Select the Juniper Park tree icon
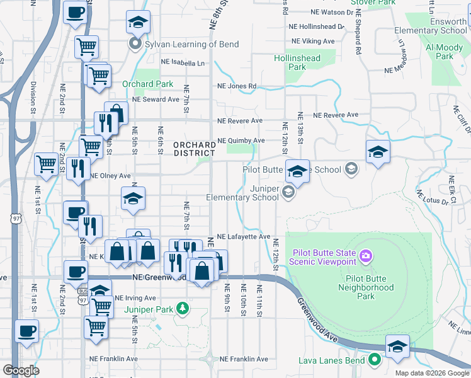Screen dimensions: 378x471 [x=183, y=309]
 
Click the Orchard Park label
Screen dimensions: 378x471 [x=147, y=84]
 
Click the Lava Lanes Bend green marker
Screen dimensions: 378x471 [x=375, y=360]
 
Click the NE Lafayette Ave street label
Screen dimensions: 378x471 [x=243, y=236]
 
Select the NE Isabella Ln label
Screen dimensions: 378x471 [x=183, y=63]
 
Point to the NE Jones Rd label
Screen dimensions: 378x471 [x=237, y=86]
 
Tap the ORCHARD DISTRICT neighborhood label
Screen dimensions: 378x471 [x=195, y=148]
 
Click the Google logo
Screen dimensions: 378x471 [x=21, y=370]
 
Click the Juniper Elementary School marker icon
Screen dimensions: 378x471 [x=288, y=192]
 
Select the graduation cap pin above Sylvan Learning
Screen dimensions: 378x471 [x=138, y=23]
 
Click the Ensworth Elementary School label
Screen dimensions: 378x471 [x=431, y=26]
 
